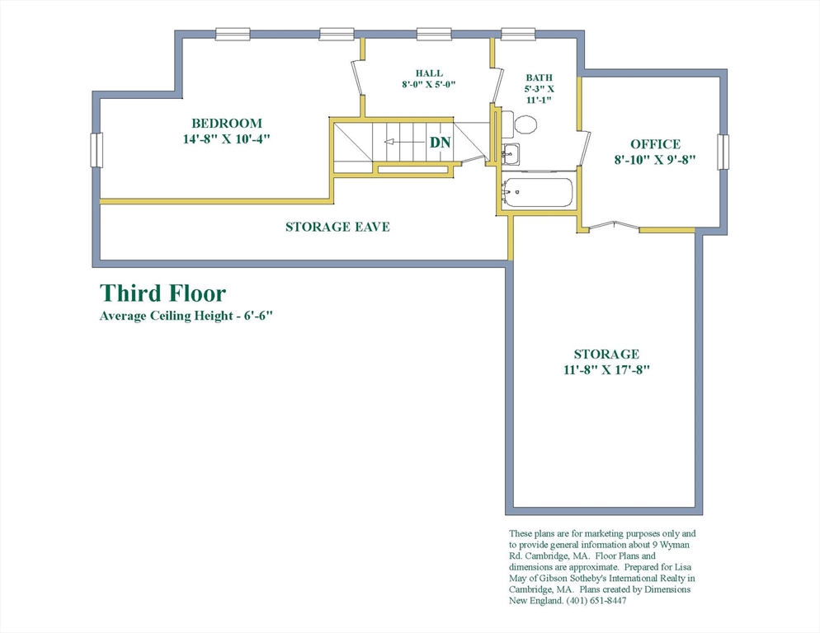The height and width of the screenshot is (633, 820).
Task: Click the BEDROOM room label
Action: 226,124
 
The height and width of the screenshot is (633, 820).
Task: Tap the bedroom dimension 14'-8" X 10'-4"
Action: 226,139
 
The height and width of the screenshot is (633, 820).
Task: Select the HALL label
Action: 429,73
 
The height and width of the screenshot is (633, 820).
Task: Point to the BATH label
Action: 540,77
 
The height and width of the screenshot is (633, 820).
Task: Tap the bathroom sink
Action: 510,153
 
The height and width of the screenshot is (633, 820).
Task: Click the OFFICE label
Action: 655,144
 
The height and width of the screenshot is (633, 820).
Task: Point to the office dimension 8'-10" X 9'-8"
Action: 655,159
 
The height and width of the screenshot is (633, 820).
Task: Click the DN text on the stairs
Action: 441,142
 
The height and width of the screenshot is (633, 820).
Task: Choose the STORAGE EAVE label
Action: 338,227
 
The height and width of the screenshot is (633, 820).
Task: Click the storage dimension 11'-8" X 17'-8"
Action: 606,369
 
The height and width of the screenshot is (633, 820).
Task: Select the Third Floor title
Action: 163,293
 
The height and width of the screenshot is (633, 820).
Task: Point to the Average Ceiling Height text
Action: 186,316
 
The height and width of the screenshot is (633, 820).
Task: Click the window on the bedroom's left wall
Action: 97,150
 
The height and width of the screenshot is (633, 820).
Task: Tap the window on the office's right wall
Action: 723,152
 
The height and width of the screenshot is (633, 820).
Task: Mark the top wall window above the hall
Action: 434,34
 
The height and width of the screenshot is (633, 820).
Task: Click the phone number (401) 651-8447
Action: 596,601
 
